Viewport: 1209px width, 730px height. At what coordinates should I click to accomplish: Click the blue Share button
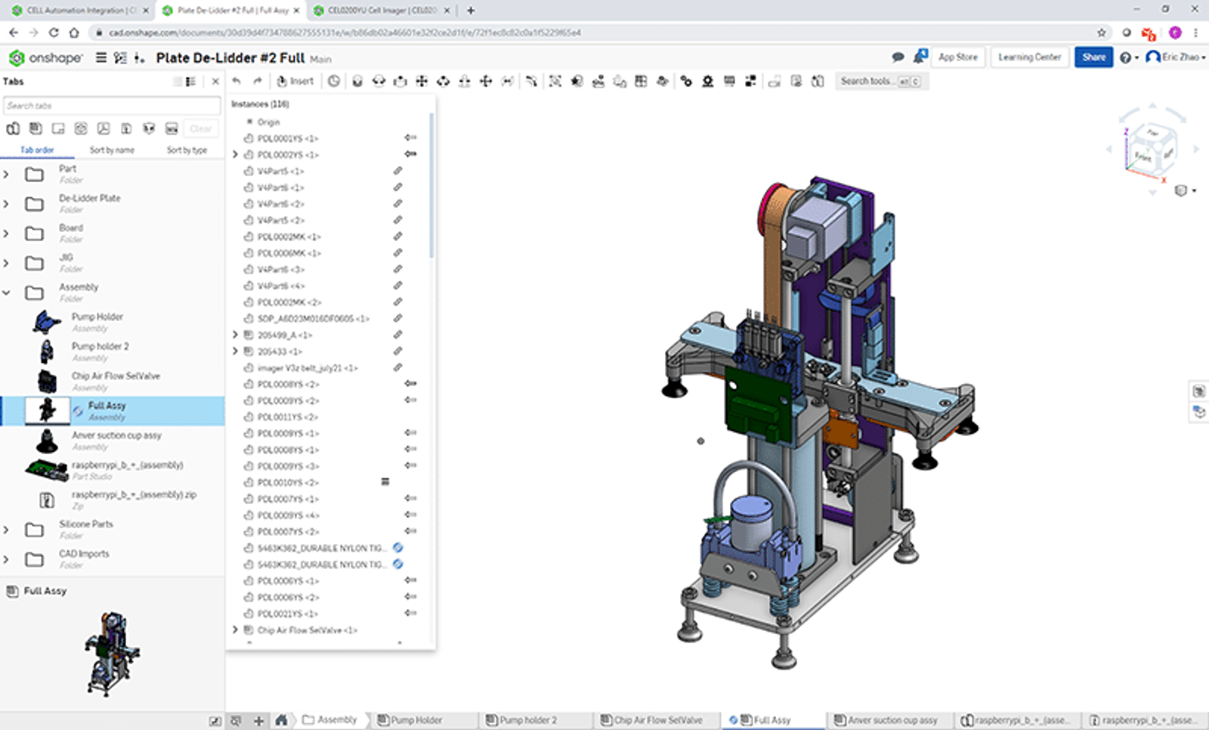pos(1093,57)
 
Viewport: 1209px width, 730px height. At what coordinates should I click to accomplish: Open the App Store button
pos(957,57)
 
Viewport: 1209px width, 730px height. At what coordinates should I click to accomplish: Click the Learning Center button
pos(1029,57)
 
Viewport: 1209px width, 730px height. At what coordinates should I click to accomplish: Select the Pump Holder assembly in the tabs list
pos(97,317)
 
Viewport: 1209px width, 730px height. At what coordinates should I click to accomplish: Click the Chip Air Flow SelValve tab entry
pos(115,376)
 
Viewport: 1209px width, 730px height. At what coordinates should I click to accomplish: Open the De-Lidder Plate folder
pos(89,199)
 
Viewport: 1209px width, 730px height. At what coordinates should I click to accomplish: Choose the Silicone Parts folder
pos(85,524)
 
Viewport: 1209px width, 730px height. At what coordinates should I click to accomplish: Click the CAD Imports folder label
pos(84,554)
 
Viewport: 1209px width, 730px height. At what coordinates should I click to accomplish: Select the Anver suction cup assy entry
pos(116,436)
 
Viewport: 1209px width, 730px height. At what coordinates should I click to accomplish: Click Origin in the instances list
pos(268,122)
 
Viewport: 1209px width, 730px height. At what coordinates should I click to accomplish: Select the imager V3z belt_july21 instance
pos(307,368)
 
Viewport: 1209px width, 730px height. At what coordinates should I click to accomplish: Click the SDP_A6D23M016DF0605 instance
pos(312,319)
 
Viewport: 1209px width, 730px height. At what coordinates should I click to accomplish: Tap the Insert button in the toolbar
pos(295,81)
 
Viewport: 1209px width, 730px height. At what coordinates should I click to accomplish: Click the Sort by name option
pos(112,150)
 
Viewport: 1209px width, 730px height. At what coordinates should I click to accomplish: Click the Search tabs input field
pos(111,106)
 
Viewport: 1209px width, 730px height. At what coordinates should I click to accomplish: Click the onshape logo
pos(45,58)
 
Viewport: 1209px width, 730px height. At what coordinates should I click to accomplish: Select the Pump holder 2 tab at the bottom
pos(527,720)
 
